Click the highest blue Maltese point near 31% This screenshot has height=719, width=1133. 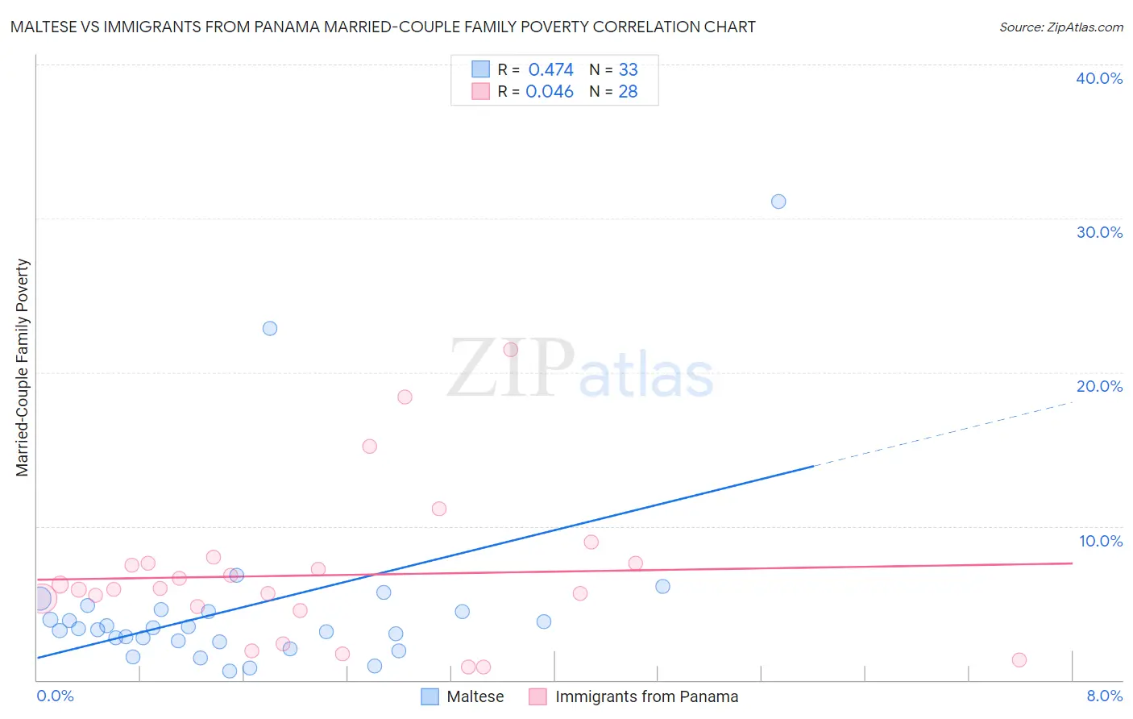tap(778, 202)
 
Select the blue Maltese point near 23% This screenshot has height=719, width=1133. tap(270, 328)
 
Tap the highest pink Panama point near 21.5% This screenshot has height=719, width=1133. tap(510, 350)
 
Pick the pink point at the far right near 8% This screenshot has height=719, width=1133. tap(1019, 660)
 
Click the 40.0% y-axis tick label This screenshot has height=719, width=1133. tap(1099, 78)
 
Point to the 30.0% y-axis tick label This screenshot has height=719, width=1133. tap(1099, 232)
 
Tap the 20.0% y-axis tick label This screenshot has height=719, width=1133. tap(1099, 386)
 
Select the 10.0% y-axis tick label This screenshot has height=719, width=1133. tap(1101, 541)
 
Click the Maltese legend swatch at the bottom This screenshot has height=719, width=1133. tap(430, 696)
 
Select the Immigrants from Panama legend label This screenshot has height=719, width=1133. tap(646, 696)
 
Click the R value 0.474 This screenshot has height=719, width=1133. tap(550, 70)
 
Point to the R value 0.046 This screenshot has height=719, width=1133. tap(550, 92)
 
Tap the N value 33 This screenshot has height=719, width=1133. tap(628, 70)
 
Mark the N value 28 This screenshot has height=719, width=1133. tap(628, 92)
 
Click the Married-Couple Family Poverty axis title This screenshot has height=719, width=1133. tap(23, 368)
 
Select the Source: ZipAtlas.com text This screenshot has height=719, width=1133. tap(1060, 27)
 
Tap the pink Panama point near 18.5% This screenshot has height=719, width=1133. tap(405, 397)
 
